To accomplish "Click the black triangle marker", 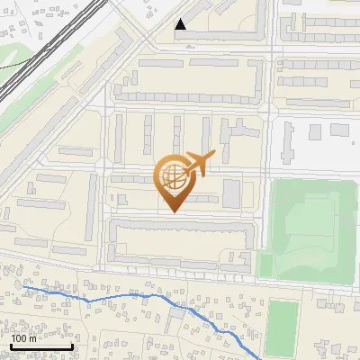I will [x=182, y=25].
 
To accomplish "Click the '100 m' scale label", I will [x=24, y=338].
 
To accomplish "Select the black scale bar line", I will [x=41, y=346].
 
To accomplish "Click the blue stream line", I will [x=135, y=295].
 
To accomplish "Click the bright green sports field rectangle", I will [x=283, y=325].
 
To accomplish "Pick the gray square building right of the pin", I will [x=231, y=193].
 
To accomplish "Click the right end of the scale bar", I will [x=72, y=346].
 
